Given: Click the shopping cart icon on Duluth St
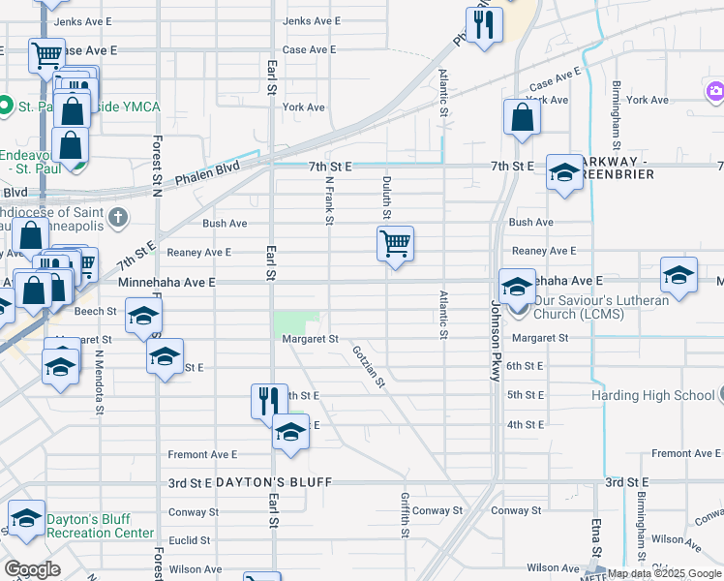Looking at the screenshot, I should [x=395, y=243].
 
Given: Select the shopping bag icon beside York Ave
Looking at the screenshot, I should [x=522, y=116].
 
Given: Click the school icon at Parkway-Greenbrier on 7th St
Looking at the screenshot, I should [x=564, y=172].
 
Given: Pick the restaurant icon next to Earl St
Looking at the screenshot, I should [x=269, y=400].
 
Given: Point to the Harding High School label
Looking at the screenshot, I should [x=654, y=395].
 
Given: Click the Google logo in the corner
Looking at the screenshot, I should [x=32, y=569].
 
